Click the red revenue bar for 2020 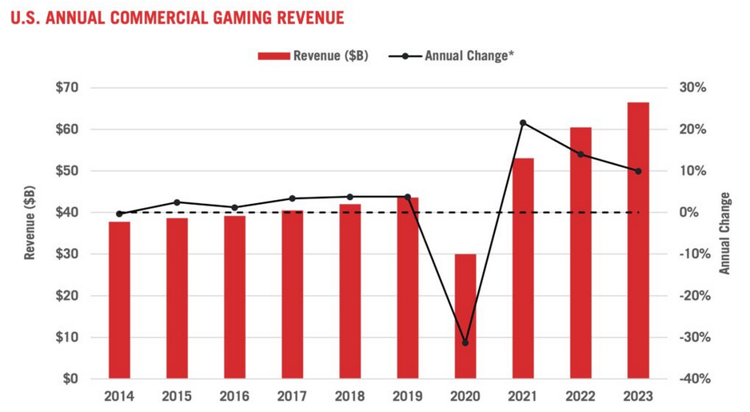click(465, 316)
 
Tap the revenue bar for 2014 click(120, 300)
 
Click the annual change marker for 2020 click(465, 342)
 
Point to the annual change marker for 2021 click(523, 123)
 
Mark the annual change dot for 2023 click(638, 171)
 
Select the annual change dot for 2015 click(178, 202)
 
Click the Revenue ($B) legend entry click(313, 56)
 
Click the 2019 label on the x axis click(408, 396)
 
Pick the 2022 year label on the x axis click(580, 396)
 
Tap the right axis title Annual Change click(724, 233)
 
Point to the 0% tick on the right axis click(693, 213)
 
